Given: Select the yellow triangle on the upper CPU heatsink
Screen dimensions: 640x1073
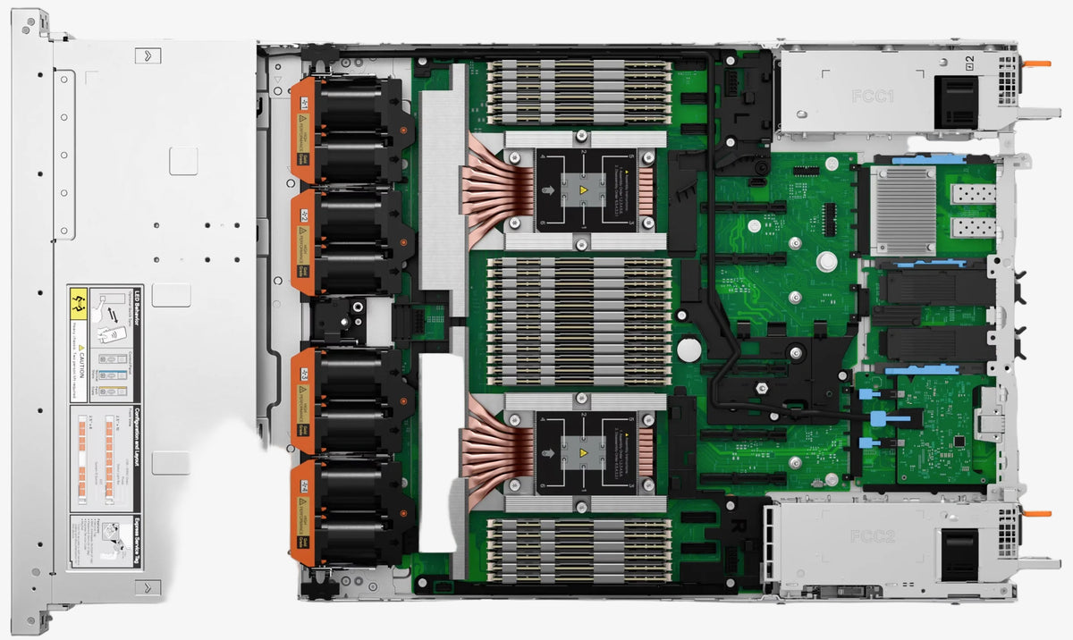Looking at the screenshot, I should click(583, 190).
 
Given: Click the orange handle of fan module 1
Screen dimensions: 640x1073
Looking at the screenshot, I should click(305, 130).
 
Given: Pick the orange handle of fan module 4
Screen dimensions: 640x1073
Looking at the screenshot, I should click(305, 512).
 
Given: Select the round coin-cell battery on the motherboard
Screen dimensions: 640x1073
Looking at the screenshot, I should click(687, 348).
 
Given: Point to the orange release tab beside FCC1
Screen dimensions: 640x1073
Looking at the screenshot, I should click(1037, 63).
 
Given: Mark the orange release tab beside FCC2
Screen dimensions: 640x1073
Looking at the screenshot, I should click(1037, 514).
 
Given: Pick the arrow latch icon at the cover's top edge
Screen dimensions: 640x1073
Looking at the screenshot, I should click(148, 55).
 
